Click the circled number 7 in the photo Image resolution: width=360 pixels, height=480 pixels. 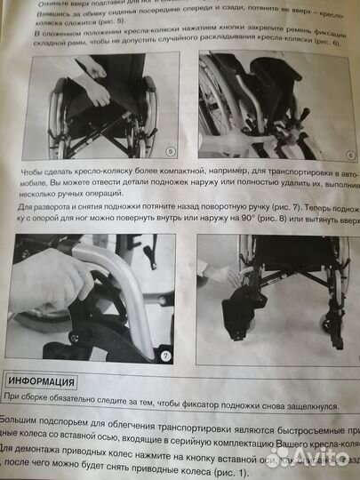click(x=165, y=356)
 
